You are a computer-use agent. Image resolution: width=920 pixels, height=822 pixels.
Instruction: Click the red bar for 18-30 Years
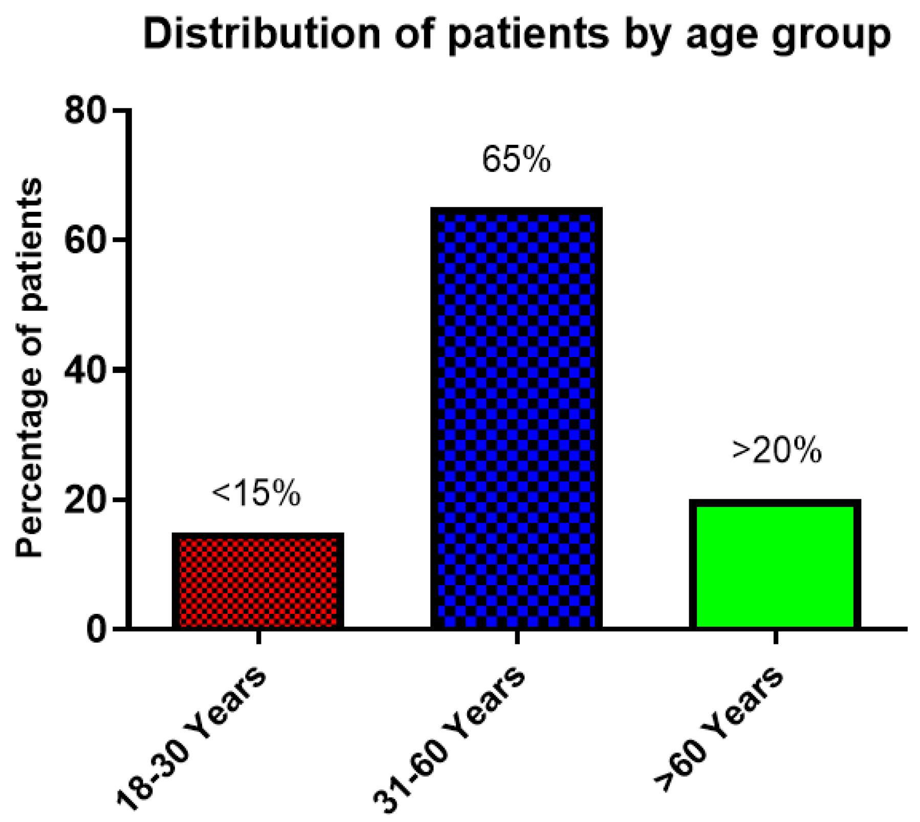258,582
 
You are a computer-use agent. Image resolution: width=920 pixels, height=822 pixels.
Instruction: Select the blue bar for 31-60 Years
517,418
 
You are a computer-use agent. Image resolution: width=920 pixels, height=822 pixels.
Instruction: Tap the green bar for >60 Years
775,565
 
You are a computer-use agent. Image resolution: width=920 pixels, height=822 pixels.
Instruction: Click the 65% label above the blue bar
516,160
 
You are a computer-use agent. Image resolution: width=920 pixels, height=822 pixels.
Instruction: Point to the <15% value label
256,494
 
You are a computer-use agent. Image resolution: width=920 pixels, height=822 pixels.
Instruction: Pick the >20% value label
776,451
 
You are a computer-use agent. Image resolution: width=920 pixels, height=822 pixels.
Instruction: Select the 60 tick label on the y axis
85,240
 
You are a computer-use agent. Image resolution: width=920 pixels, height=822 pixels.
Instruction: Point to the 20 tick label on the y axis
85,500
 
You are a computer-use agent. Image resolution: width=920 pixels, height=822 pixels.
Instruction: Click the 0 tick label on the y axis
95,629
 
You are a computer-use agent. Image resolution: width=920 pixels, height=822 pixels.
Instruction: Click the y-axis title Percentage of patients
29,367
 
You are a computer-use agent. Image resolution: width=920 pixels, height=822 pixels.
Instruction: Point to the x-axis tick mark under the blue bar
517,637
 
